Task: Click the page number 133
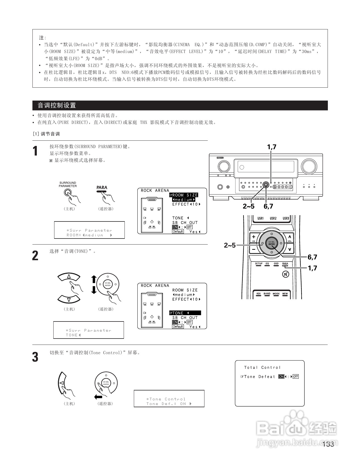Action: click(x=328, y=444)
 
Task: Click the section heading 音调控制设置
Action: click(x=57, y=105)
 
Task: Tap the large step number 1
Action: click(x=35, y=151)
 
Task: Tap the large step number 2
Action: click(x=35, y=256)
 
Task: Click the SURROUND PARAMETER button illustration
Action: click(x=68, y=192)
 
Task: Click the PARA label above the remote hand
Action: click(x=102, y=187)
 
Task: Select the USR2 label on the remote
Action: click(x=273, y=218)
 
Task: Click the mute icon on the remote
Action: click(x=286, y=274)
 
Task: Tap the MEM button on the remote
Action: click(x=285, y=294)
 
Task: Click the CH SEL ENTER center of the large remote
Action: click(x=272, y=243)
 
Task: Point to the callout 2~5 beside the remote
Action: click(x=230, y=245)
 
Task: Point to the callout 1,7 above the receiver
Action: click(x=272, y=147)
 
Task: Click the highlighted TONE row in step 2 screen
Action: click(x=185, y=313)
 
